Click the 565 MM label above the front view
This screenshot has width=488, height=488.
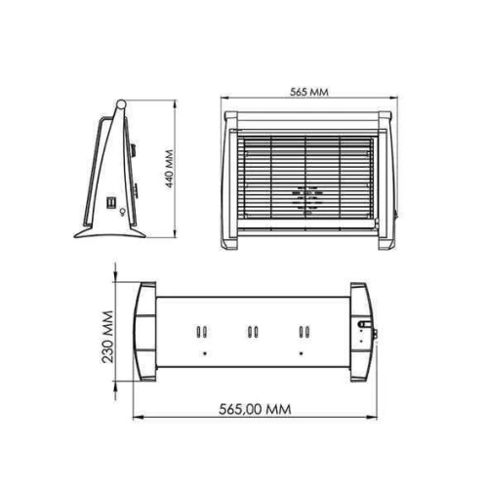309,92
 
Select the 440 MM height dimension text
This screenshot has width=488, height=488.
170,169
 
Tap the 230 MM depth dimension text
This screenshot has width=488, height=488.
107,337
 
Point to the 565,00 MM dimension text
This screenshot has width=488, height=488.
255,409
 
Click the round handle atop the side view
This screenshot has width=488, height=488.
121,104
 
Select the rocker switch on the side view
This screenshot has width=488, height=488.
111,203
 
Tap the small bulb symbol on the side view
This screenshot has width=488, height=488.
122,212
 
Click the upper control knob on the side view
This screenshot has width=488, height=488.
134,149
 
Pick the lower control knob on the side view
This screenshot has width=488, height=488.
135,190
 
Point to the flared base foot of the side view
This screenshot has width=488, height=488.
109,232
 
